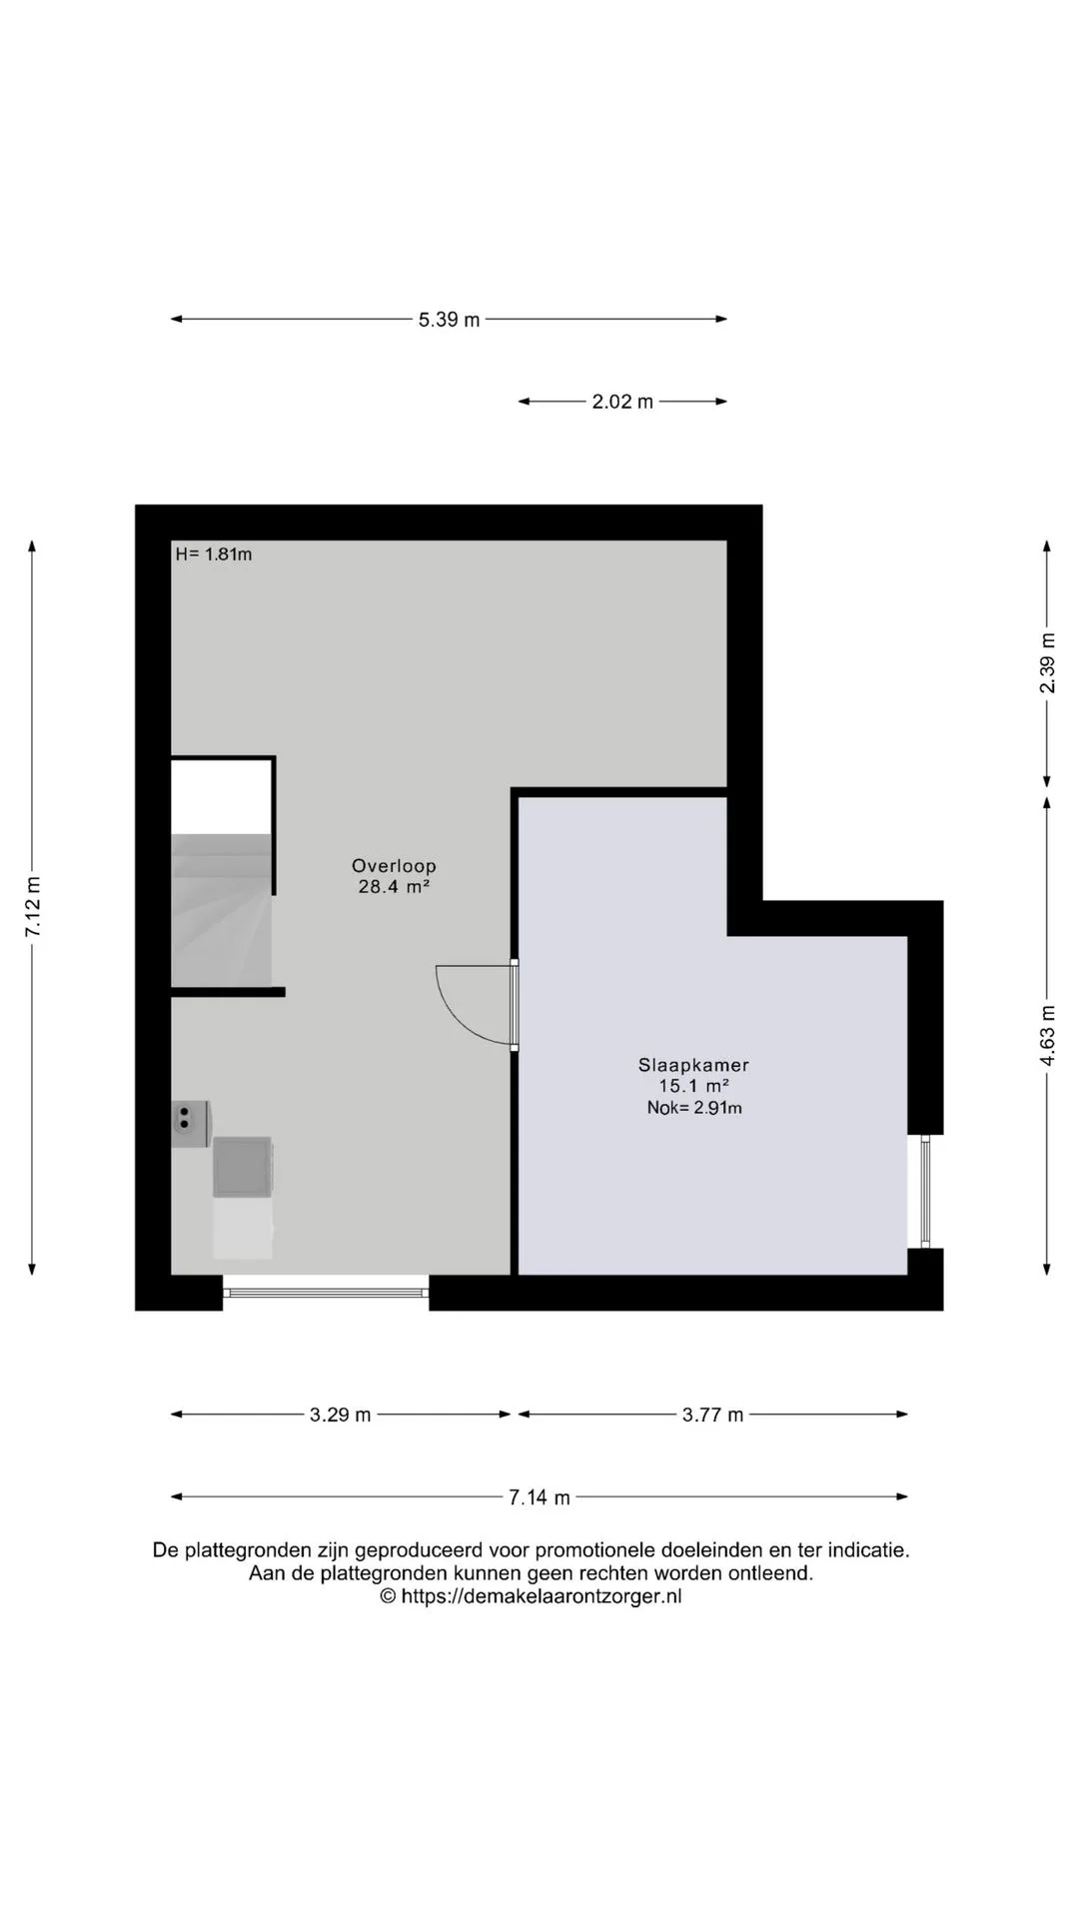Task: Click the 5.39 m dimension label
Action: pos(449,320)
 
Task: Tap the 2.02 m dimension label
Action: pos(622,402)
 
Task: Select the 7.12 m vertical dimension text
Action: pos(33,906)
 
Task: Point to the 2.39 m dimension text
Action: pos(1047,663)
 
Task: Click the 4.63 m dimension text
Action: pos(1047,1035)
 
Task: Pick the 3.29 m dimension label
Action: pos(340,1415)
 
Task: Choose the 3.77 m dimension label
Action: pos(713,1415)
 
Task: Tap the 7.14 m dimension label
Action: pos(539,1497)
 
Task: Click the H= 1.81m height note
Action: pos(214,554)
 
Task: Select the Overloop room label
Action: pos(394,866)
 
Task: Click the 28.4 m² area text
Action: pos(394,886)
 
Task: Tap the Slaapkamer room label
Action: pos(693,1065)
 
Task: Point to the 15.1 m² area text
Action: pos(693,1086)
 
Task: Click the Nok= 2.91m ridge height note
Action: pos(694,1107)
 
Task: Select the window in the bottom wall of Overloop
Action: pos(326,1293)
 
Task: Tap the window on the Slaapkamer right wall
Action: pos(925,1191)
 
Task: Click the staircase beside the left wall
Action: pos(222,910)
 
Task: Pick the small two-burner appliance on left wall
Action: pos(190,1124)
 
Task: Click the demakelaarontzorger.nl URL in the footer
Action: pos(541,1596)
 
